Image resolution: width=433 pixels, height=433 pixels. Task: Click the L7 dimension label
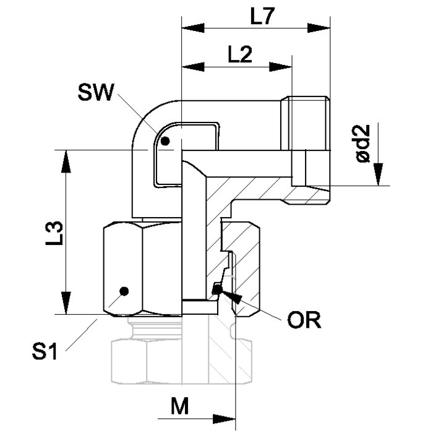pyautogui.click(x=262, y=17)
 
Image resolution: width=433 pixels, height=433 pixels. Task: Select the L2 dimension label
pyautogui.click(x=240, y=54)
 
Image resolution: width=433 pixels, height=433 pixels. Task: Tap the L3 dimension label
pyautogui.click(x=54, y=233)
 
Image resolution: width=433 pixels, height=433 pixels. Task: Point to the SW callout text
pyautogui.click(x=96, y=92)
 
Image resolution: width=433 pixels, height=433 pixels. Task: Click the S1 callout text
pyautogui.click(x=45, y=351)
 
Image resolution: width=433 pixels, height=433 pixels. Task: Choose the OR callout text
pyautogui.click(x=304, y=320)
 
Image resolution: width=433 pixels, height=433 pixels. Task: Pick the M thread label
pyautogui.click(x=179, y=406)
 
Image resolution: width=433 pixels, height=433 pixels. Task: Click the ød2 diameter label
pyautogui.click(x=362, y=144)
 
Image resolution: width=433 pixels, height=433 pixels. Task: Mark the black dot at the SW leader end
pyautogui.click(x=165, y=141)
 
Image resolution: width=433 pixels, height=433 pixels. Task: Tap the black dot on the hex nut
pyautogui.click(x=124, y=291)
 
